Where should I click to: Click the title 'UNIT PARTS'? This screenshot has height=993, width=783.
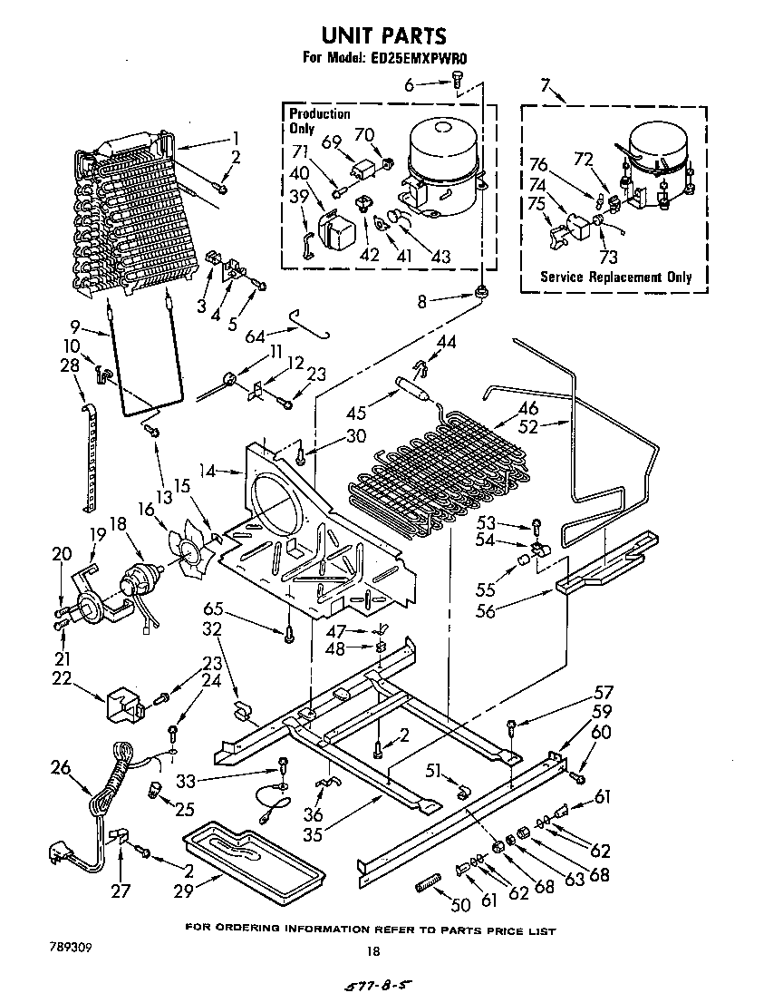pos(385,35)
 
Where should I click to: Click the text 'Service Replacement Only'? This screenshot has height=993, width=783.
pos(615,277)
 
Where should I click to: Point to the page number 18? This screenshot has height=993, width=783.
pos(372,951)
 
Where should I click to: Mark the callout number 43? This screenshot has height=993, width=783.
pos(440,257)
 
